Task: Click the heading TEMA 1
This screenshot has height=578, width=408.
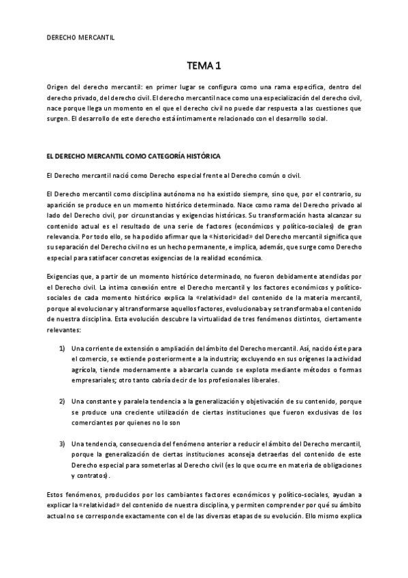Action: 204,65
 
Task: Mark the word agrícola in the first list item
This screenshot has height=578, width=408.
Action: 85,369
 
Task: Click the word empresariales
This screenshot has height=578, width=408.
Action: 93,379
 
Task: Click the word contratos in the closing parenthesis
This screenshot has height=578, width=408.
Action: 92,474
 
